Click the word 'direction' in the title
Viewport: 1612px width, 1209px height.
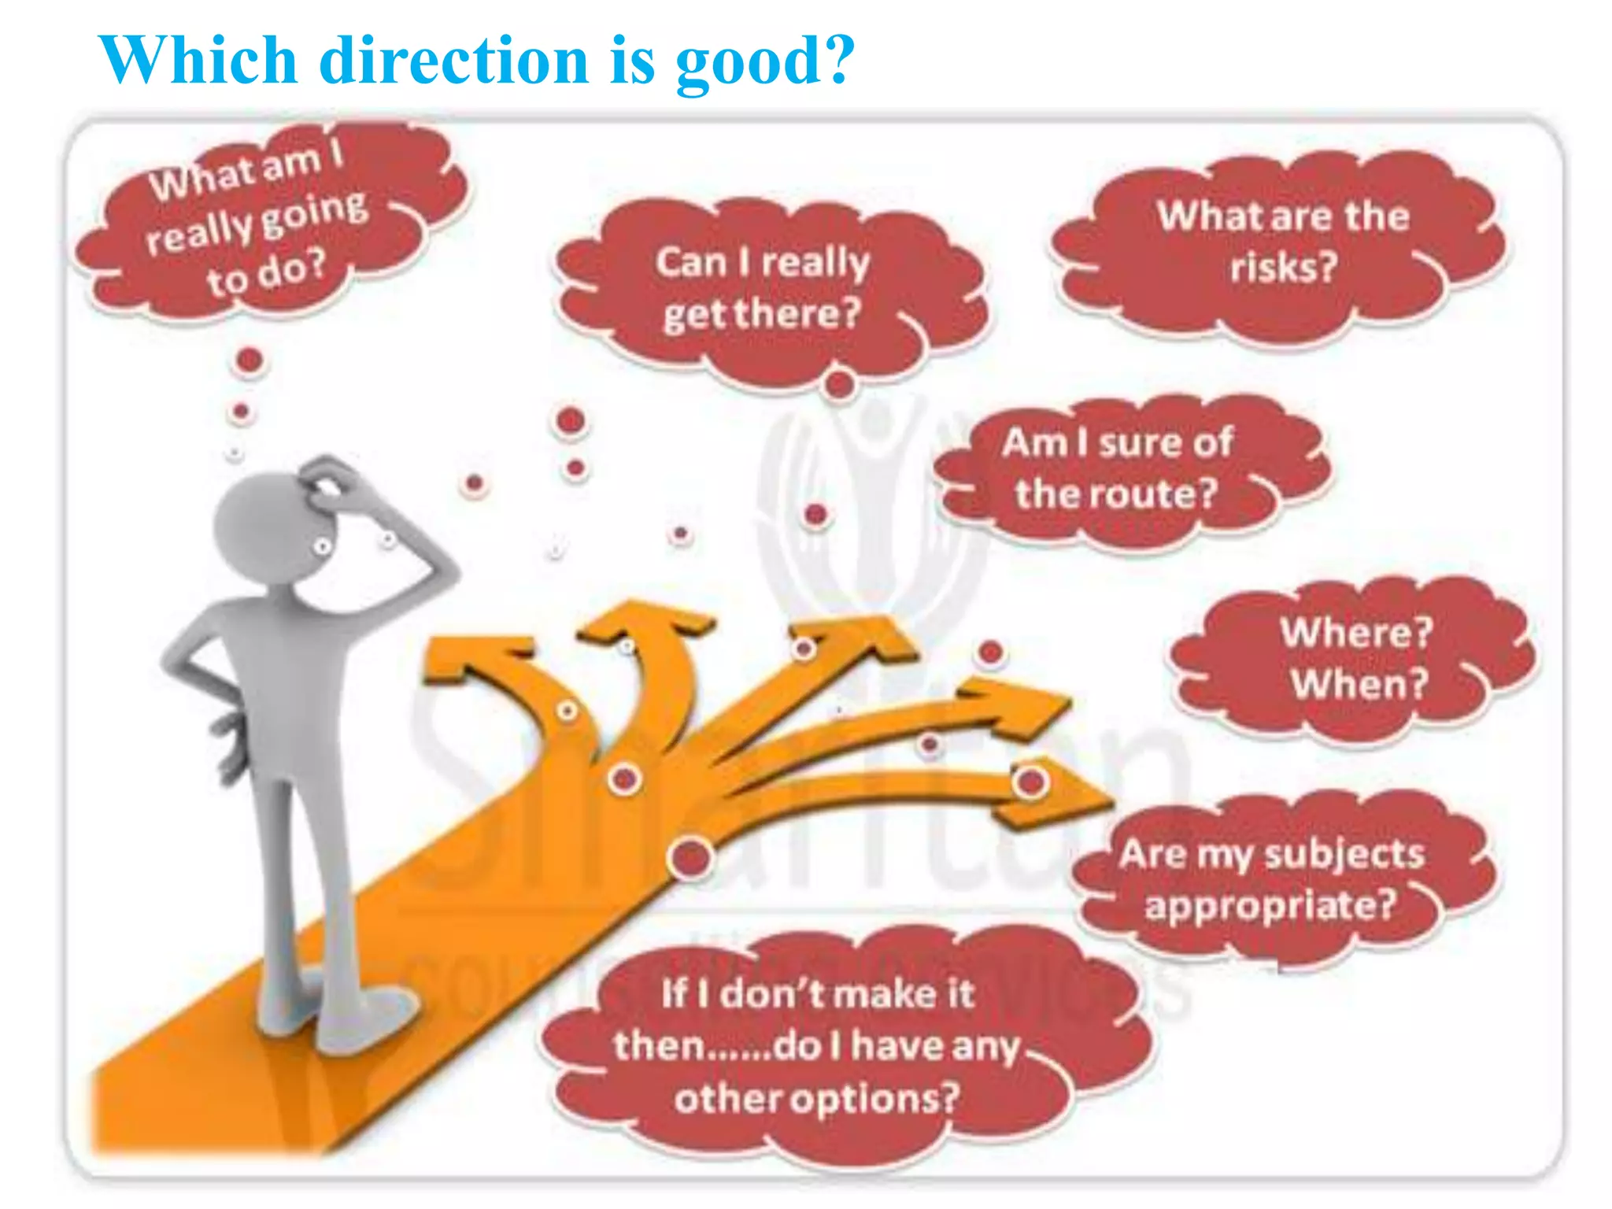454,61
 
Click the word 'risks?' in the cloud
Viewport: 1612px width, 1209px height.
1284,268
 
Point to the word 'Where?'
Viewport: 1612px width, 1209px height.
1356,632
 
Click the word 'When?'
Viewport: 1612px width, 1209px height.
1359,683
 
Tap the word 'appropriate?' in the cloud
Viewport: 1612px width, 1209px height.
1270,905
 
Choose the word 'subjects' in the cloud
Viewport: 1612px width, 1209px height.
1345,855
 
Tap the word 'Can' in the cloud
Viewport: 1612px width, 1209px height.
691,263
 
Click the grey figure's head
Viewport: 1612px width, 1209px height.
260,523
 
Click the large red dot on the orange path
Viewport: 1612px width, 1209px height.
690,858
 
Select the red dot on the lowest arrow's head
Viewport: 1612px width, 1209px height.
1030,782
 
